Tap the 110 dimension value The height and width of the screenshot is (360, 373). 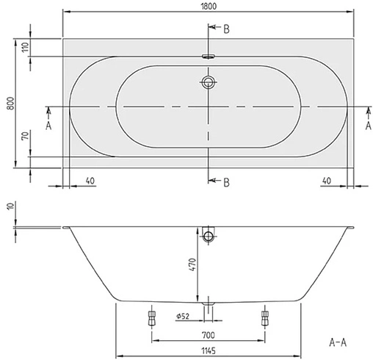25,48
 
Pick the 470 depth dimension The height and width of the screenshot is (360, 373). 192,264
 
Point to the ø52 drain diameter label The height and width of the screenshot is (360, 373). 184,317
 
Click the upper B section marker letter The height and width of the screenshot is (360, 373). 227,29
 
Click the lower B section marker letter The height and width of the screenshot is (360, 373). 227,182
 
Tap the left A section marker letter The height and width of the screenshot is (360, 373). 48,125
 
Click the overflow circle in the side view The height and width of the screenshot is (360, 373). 209,236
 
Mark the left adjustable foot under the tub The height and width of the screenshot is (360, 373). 152,317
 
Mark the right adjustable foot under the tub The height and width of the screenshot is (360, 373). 264,317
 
